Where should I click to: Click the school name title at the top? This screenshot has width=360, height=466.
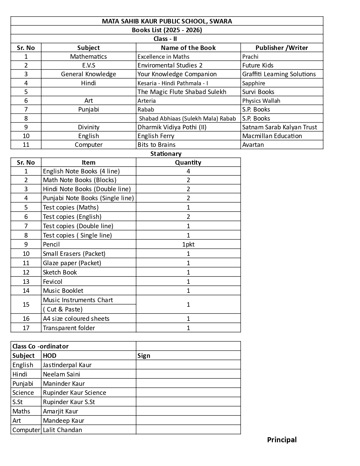(167, 21)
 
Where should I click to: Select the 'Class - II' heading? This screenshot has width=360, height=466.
(165, 39)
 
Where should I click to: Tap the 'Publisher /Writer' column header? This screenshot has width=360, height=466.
(282, 48)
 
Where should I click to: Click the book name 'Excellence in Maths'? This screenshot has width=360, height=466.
(163, 56)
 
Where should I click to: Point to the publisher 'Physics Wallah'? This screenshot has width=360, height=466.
(261, 101)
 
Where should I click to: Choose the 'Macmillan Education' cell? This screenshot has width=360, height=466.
(272, 136)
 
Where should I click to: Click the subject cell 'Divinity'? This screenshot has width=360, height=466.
(89, 127)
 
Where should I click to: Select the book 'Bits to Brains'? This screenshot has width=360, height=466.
(156, 145)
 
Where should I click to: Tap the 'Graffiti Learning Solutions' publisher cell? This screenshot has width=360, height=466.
(279, 74)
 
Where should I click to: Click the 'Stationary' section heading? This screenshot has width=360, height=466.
(166, 154)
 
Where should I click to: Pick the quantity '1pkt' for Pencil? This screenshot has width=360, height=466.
(188, 244)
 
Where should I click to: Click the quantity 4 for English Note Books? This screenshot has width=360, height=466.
(188, 171)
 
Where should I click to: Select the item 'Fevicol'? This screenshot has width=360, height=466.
(53, 282)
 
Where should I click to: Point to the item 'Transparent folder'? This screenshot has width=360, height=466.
(69, 328)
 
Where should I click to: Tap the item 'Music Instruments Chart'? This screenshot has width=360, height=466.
(78, 300)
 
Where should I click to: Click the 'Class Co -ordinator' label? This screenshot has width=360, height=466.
(40, 346)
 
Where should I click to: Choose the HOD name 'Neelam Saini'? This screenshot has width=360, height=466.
(62, 374)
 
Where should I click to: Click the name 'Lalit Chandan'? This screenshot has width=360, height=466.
(62, 430)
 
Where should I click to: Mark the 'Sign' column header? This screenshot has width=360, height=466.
(144, 356)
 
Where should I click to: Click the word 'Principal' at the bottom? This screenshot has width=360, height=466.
(282, 440)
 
